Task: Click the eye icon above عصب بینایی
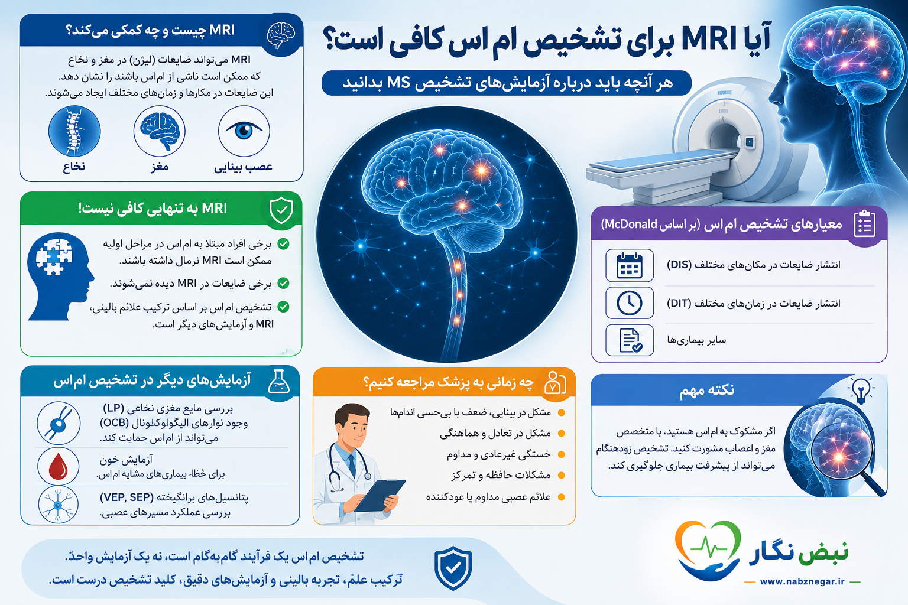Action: pyautogui.click(x=244, y=131)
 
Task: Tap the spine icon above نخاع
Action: pyautogui.click(x=74, y=131)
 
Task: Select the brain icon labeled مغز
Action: pyautogui.click(x=159, y=131)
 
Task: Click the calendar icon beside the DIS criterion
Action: pyautogui.click(x=629, y=265)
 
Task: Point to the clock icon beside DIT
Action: pyautogui.click(x=629, y=302)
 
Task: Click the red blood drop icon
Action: pyautogui.click(x=59, y=466)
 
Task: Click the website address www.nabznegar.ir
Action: pyautogui.click(x=802, y=581)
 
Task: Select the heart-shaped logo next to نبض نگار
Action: pyautogui.click(x=708, y=550)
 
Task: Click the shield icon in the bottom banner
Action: pyautogui.click(x=453, y=568)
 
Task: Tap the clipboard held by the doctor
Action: pyautogui.click(x=380, y=495)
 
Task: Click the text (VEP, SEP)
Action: pyautogui.click(x=127, y=497)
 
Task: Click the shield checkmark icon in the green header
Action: pyautogui.click(x=281, y=210)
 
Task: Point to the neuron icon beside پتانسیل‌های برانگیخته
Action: pyautogui.click(x=59, y=505)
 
